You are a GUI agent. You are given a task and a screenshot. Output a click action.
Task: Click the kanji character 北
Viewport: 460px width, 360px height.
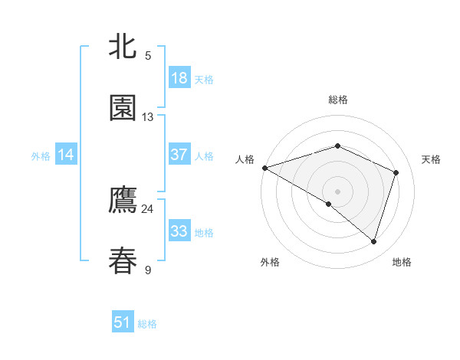[x=123, y=46]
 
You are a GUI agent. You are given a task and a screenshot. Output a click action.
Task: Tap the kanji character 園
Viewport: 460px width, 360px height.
[x=123, y=108]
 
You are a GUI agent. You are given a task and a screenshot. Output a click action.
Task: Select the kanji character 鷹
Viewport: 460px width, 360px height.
[x=123, y=200]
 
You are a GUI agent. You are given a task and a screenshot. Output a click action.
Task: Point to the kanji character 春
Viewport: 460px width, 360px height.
[x=123, y=260]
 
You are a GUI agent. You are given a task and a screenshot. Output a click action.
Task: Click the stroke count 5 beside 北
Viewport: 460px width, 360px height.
[x=148, y=55]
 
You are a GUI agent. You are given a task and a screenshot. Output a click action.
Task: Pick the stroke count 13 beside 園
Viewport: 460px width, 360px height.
[x=148, y=117]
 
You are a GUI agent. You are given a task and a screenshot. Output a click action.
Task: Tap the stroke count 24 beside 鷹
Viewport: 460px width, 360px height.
[x=147, y=209]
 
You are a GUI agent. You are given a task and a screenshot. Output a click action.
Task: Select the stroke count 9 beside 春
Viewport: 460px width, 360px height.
[x=148, y=270]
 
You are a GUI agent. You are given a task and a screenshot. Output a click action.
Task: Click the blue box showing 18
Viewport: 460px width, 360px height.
[x=179, y=78]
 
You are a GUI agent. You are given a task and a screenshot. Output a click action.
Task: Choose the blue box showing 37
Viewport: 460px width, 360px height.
[x=179, y=155]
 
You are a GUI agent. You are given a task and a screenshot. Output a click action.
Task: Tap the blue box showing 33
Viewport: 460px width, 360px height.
[x=179, y=231]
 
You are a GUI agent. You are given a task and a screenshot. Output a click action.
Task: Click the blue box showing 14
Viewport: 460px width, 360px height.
[x=66, y=155]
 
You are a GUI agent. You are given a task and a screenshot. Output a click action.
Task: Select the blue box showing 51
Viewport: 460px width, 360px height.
[x=123, y=322]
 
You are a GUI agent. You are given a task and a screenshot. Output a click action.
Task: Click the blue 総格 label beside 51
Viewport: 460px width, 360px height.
[x=147, y=324]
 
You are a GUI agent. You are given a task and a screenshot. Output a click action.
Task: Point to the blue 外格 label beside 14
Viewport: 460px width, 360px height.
[x=41, y=156]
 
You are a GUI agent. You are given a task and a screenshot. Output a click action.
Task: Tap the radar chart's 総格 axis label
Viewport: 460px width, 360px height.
[x=337, y=100]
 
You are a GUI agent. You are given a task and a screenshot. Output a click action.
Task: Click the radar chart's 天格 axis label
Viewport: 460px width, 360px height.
[x=432, y=159]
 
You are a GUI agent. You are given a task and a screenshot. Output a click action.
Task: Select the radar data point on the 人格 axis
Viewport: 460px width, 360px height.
[x=264, y=168]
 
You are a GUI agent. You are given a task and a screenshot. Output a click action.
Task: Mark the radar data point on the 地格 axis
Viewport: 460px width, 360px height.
[x=373, y=241]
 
